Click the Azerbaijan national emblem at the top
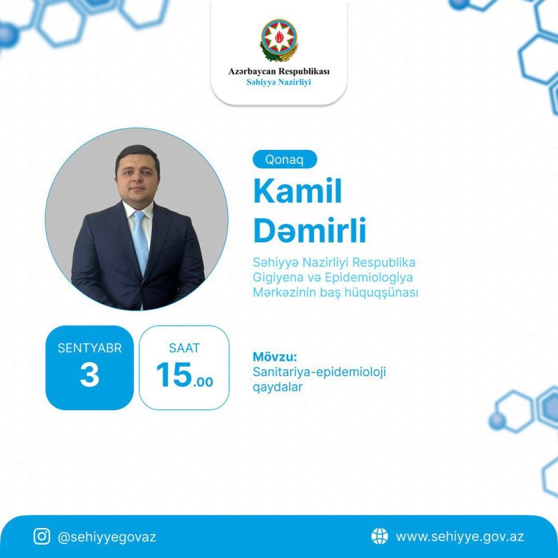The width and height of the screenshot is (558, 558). [x=278, y=40]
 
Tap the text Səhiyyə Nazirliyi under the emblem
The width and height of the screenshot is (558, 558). [x=278, y=82]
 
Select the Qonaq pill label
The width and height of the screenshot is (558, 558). [x=285, y=160]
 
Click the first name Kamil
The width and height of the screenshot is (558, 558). [x=298, y=190]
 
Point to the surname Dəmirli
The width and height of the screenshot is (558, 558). [x=310, y=230]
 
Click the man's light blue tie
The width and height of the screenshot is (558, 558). [x=141, y=242]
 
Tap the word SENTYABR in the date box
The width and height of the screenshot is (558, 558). [x=90, y=348]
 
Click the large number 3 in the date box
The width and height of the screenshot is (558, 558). [x=90, y=375]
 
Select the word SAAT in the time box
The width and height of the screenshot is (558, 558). [x=184, y=348]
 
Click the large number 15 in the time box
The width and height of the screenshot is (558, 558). [x=174, y=375]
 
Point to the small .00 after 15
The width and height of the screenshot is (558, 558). [x=203, y=382]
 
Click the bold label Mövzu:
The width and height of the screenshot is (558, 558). [x=275, y=356]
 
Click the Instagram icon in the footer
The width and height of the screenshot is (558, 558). [x=42, y=536]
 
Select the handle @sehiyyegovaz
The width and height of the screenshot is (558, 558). [x=107, y=537]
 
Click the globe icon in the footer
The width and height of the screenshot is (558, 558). [x=379, y=536]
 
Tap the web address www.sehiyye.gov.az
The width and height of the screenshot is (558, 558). [x=460, y=536]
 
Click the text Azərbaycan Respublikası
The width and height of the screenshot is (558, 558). [x=278, y=71]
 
